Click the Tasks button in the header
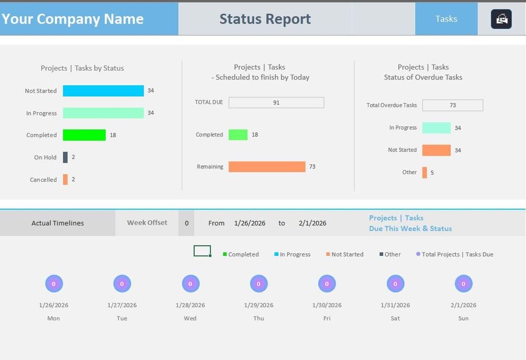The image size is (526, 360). (x=446, y=19)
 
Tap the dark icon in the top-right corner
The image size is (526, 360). (x=501, y=19)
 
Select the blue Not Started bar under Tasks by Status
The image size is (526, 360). (x=103, y=91)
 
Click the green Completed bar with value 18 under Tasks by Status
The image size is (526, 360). (x=84, y=135)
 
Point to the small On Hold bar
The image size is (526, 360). (x=65, y=157)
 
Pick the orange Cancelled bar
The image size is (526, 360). (x=65, y=179)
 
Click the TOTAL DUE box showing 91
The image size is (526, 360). (x=276, y=103)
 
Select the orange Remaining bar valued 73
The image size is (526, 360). (x=267, y=167)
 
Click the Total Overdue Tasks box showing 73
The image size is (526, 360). (x=452, y=105)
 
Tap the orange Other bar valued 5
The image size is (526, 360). (x=424, y=173)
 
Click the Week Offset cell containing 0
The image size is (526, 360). (x=186, y=223)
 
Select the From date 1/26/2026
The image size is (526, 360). (x=250, y=223)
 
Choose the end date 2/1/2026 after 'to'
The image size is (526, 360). (x=312, y=223)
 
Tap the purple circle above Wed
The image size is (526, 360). (x=191, y=284)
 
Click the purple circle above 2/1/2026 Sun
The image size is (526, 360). (x=463, y=284)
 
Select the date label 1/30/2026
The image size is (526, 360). (x=327, y=305)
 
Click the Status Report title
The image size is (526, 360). (x=265, y=19)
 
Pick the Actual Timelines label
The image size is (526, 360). (x=58, y=223)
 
